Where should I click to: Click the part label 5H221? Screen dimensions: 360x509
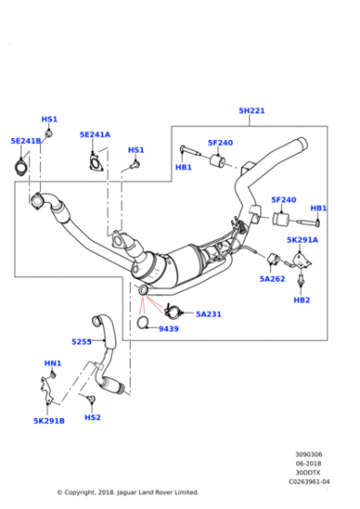[252, 111]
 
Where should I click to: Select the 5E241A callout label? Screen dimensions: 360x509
[95, 135]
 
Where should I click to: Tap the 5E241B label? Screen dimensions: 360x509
[26, 141]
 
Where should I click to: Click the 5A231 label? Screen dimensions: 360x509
[208, 314]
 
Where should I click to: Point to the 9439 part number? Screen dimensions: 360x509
[168, 329]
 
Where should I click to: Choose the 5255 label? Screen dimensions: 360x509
[81, 342]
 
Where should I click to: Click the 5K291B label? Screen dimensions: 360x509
[49, 421]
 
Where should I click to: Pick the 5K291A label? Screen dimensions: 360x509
[302, 240]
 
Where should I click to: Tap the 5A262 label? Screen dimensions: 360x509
[272, 279]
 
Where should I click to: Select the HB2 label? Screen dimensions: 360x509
[302, 300]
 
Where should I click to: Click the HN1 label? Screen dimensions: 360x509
[53, 364]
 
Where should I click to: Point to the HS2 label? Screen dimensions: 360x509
[93, 417]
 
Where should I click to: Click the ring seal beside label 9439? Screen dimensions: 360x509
[142, 323]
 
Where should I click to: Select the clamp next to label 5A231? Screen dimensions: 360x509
[172, 312]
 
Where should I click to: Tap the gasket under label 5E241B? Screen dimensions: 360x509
[21, 167]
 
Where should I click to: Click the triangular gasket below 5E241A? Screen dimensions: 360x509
[95, 163]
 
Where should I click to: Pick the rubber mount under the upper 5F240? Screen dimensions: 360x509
[218, 161]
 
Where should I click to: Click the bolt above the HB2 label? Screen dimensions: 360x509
[300, 280]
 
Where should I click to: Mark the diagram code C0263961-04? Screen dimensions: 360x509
[309, 482]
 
